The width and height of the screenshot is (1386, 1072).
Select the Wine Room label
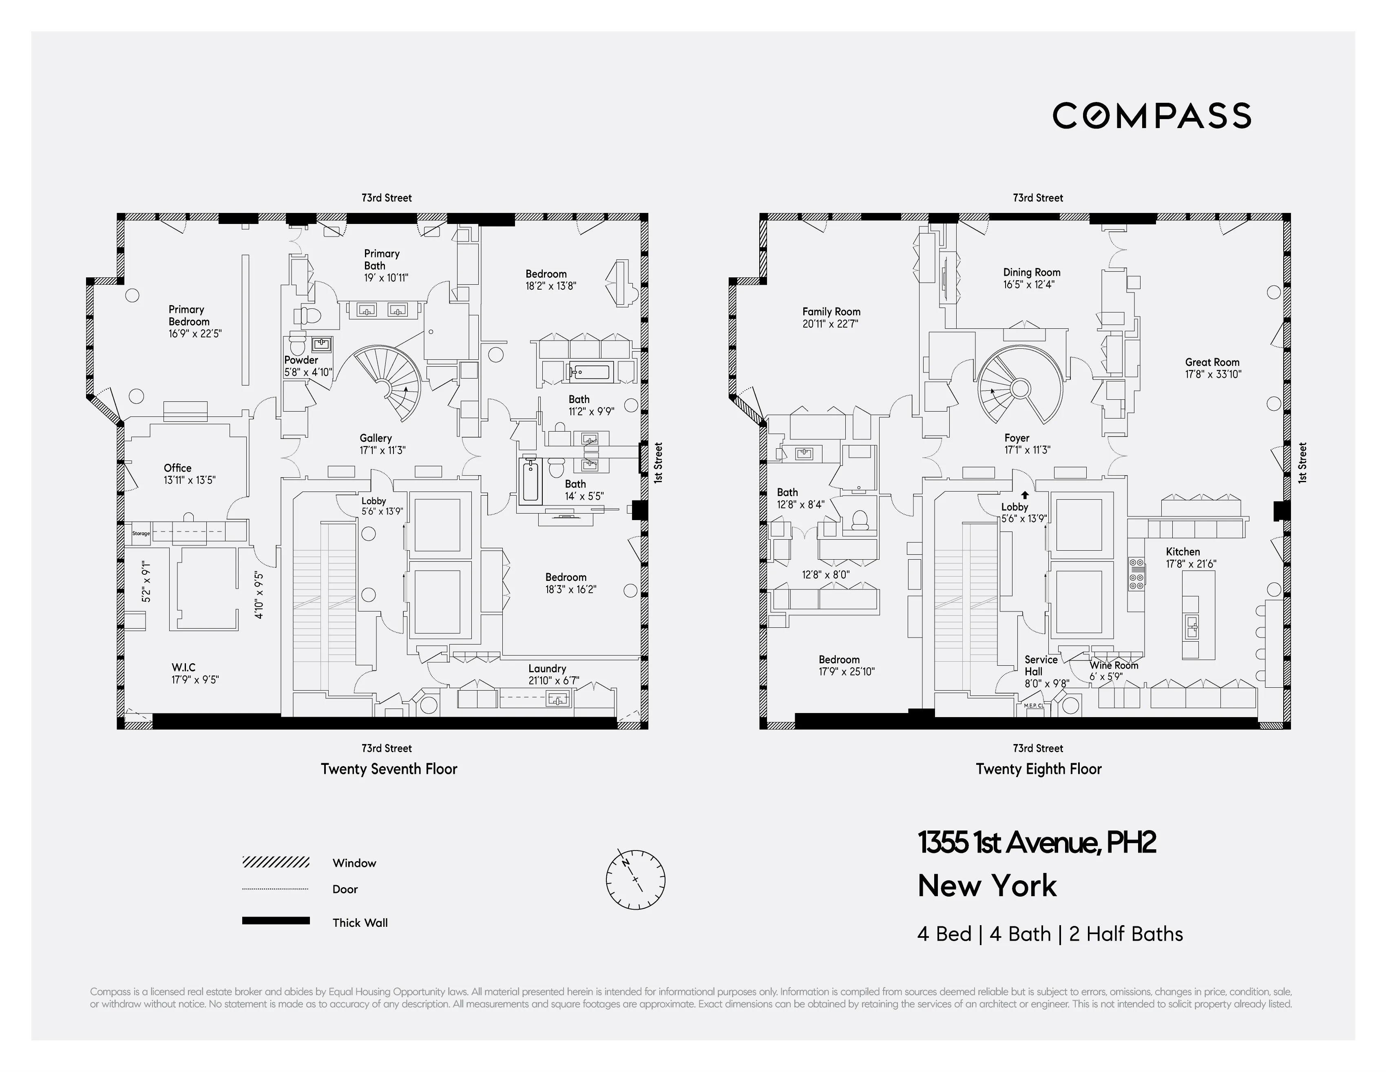click(x=1114, y=665)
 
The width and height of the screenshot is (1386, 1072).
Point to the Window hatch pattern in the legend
click(x=275, y=862)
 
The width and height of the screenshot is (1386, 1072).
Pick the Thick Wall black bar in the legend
click(x=275, y=920)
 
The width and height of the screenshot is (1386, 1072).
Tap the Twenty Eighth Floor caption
click(x=1038, y=769)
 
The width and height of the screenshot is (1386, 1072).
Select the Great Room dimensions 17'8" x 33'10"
click(x=1213, y=374)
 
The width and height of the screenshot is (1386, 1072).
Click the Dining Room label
click(x=1031, y=272)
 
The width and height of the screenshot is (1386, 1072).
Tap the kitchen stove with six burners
click(x=1136, y=574)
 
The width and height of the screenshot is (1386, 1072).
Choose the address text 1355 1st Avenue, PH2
click(x=1036, y=843)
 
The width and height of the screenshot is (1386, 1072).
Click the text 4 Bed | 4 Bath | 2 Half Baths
click(x=1050, y=934)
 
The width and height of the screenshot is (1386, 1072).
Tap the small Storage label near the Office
click(x=141, y=533)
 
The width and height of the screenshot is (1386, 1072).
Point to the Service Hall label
click(x=1041, y=665)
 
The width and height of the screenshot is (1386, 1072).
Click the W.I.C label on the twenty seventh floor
click(x=183, y=667)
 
